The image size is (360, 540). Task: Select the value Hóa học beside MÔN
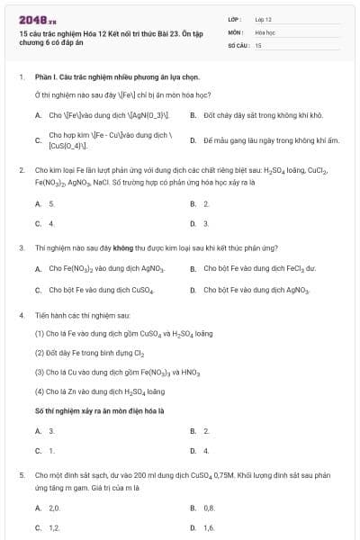click(265, 31)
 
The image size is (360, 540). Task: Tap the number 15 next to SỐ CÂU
click(258, 44)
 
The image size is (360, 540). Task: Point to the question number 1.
click(21, 77)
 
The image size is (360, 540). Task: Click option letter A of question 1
click(38, 115)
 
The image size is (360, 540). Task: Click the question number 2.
click(21, 168)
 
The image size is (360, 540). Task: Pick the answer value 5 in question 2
click(51, 204)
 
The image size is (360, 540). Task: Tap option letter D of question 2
click(193, 222)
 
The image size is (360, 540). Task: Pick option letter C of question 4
click(38, 450)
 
